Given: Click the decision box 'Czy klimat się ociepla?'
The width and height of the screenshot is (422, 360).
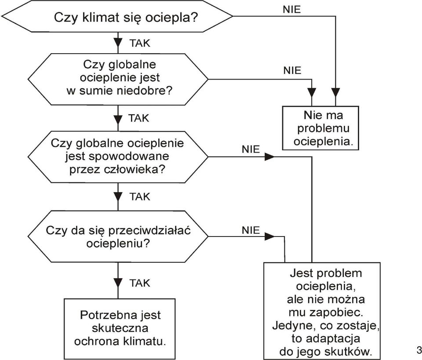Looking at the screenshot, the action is (117, 16).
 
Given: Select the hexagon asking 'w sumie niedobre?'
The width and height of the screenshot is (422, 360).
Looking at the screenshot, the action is (118, 79).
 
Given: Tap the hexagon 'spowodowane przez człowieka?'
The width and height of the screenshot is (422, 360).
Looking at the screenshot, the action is (118, 157).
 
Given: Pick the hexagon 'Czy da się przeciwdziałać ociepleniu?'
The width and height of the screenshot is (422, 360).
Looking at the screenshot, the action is (118, 236).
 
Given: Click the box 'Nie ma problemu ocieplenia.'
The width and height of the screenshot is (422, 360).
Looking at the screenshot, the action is (320, 128).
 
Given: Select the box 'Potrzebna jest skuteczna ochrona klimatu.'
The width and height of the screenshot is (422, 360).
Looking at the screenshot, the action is (120, 328).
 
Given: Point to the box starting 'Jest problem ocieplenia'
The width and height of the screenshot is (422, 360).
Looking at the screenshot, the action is (322, 311).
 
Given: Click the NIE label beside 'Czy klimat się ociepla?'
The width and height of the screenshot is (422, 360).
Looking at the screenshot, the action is (292, 10).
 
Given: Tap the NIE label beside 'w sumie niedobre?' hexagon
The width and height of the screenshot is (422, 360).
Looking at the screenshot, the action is (292, 70).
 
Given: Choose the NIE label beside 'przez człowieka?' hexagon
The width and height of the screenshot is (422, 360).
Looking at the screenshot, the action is (251, 149).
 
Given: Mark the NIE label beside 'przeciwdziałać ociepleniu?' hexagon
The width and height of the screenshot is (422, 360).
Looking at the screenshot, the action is (251, 230).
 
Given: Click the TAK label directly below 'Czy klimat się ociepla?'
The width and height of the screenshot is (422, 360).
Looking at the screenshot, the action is (140, 44).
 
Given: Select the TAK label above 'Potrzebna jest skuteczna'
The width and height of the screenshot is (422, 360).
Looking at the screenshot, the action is (140, 284).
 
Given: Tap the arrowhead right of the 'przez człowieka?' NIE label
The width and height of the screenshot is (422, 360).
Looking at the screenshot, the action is (269, 157).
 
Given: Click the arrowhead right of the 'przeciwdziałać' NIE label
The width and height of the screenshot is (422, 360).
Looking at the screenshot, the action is (269, 236).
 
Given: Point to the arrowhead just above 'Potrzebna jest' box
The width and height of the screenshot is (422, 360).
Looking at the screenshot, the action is (118, 283).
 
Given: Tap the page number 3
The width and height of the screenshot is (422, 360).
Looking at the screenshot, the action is (419, 350).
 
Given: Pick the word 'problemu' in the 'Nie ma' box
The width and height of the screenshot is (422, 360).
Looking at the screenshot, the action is (323, 129).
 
